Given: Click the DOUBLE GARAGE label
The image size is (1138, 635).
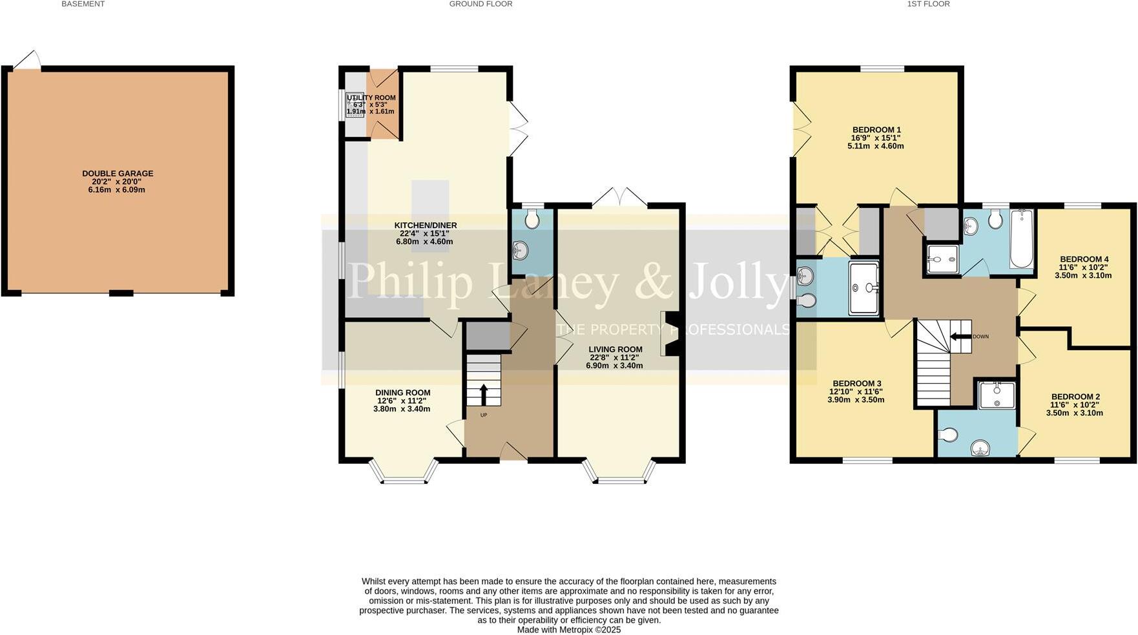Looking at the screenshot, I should click(118, 173).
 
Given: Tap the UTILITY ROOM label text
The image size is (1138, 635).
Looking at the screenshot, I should click(371, 98).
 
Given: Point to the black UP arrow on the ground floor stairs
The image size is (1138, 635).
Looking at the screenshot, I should click(482, 393).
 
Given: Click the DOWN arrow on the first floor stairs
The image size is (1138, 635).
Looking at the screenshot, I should click(961, 336).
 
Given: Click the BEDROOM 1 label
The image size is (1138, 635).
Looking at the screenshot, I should click(876, 130).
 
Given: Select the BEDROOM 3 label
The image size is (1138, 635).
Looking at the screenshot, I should click(856, 383).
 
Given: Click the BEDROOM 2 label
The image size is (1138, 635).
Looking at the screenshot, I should click(1075, 397).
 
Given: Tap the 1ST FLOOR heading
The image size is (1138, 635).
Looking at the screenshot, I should click(928, 4).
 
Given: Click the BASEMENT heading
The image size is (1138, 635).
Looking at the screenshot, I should click(83, 4).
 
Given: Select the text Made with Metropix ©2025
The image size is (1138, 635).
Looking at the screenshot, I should click(568, 629).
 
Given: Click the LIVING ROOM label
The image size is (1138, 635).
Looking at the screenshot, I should click(615, 349).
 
